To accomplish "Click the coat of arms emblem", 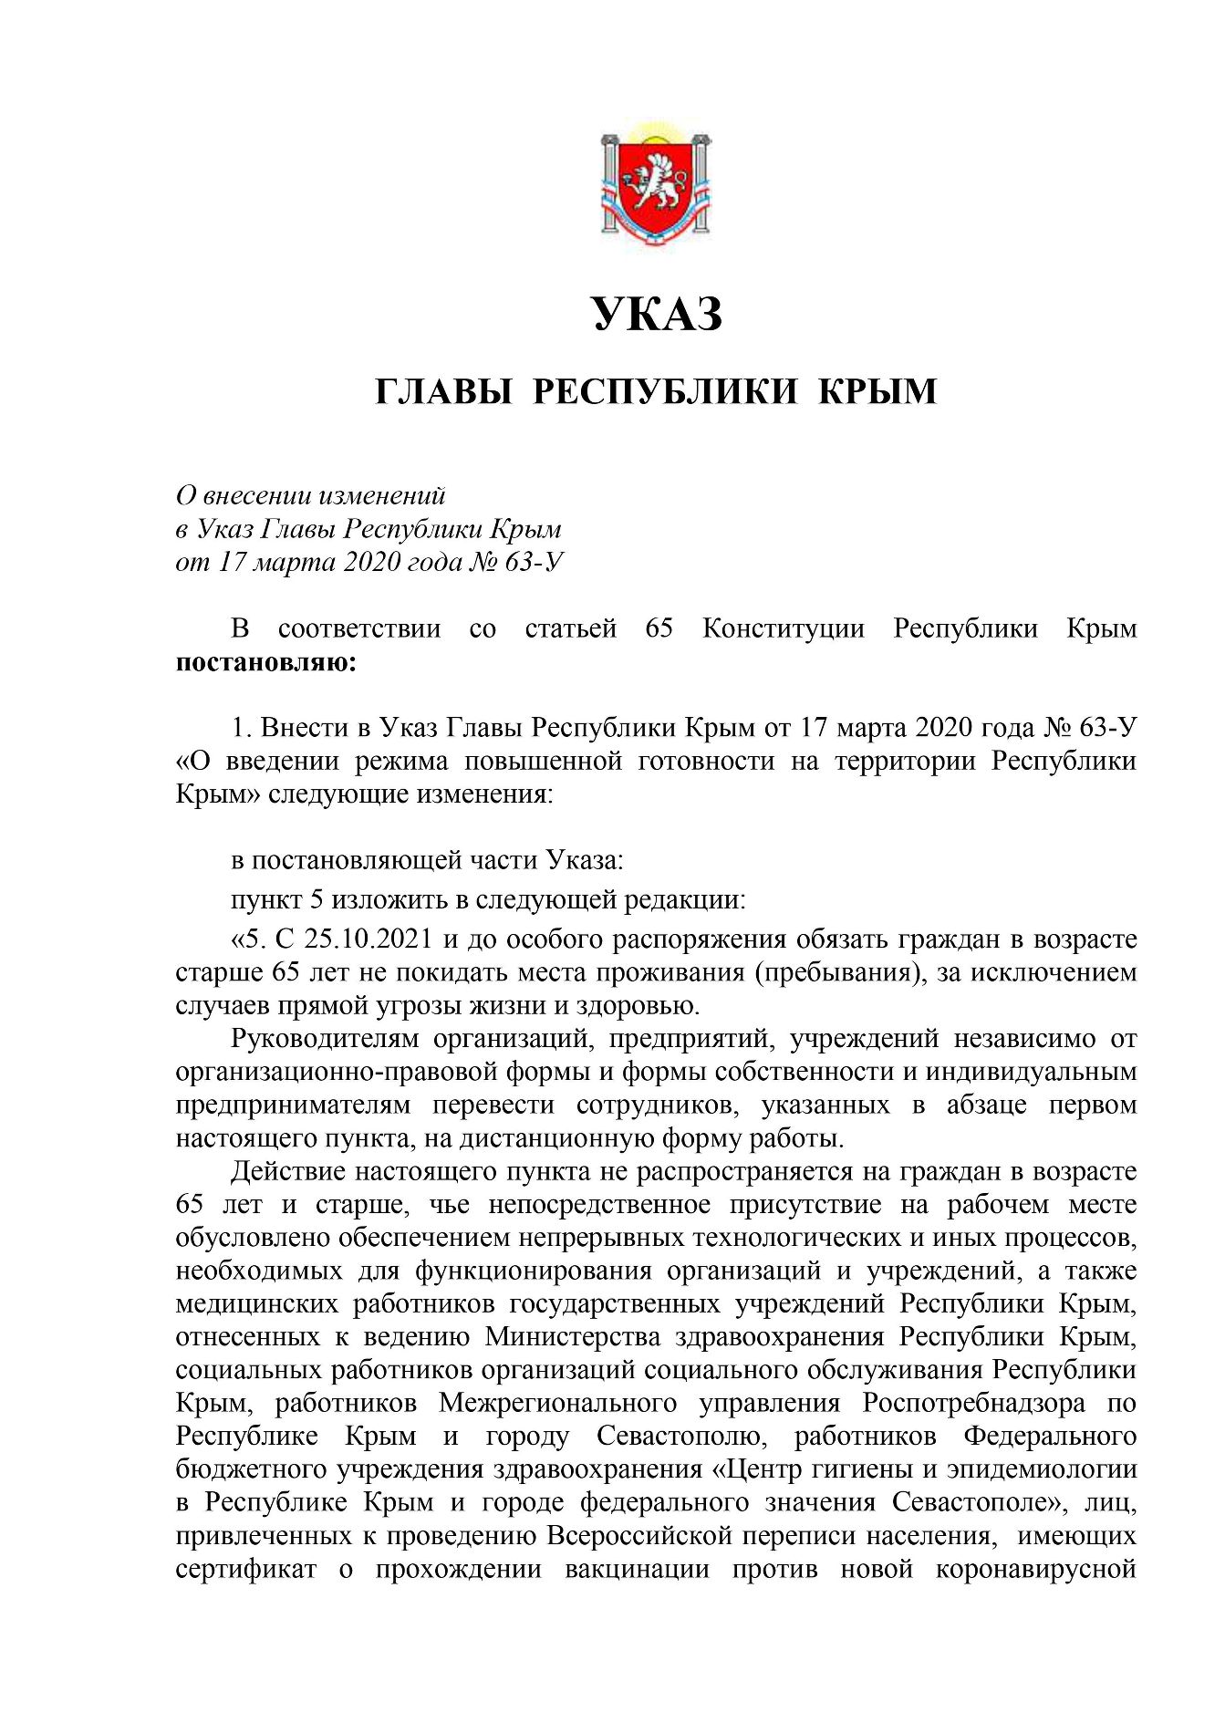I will tap(656, 186).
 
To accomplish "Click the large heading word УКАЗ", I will tap(657, 315).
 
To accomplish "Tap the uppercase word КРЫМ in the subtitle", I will tap(877, 391).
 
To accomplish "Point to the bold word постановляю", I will tap(265, 662).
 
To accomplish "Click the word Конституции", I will tap(783, 628).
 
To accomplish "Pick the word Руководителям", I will tap(325, 1039).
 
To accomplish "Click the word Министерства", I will tap(576, 1337).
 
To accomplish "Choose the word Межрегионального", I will tap(557, 1403).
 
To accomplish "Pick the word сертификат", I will tap(246, 1570).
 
